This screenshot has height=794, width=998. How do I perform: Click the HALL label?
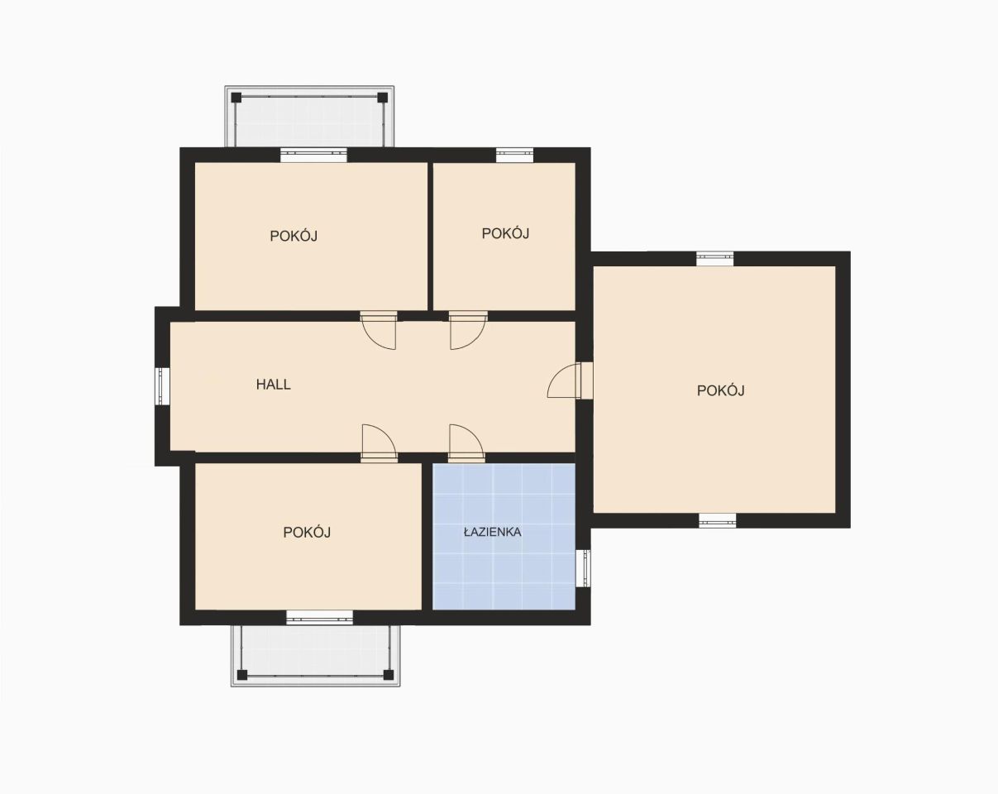click(273, 385)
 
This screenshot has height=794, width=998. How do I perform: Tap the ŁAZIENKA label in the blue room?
click(493, 533)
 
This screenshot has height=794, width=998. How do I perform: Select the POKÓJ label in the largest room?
click(721, 390)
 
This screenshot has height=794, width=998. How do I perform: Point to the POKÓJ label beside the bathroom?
click(307, 533)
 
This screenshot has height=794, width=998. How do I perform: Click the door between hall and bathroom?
click(467, 443)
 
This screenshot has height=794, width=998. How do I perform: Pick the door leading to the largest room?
click(570, 381)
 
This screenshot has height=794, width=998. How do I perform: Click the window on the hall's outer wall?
click(162, 386)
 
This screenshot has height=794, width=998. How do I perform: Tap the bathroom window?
click(584, 568)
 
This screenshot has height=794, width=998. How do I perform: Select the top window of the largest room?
click(715, 259)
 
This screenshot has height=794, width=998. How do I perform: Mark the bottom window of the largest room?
click(718, 521)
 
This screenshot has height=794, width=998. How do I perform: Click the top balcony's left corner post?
click(236, 98)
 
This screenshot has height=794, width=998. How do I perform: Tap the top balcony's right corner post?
click(382, 98)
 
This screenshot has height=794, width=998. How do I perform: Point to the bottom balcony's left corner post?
click(242, 674)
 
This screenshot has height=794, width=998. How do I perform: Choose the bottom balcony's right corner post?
click(389, 674)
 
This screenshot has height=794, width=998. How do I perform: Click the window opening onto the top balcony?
click(314, 155)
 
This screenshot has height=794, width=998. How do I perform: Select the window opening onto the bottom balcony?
click(319, 617)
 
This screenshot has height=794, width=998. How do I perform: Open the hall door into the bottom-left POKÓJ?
click(380, 443)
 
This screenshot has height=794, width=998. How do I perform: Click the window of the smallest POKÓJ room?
click(515, 155)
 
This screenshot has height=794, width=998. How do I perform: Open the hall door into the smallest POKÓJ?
click(468, 330)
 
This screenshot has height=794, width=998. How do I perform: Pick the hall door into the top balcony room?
click(379, 330)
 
